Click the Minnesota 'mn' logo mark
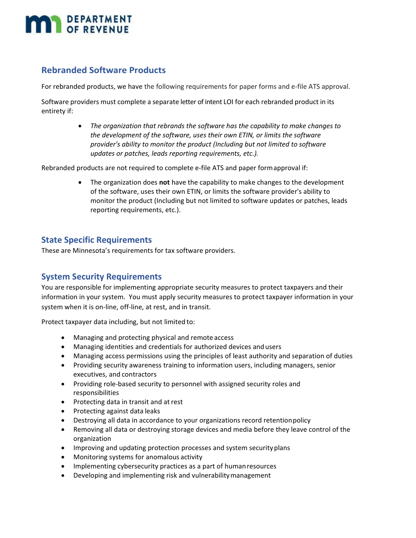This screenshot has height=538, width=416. [43, 24]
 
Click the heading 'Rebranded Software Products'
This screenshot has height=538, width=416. [103, 70]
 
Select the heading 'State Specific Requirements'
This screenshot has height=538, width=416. [96, 240]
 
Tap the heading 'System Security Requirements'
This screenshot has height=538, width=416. [101, 277]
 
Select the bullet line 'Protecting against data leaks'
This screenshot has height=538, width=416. [116, 411]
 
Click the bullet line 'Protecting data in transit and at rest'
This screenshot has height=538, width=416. [128, 402]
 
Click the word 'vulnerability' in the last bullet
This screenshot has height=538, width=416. [210, 475]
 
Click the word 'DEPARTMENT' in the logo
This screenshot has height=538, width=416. [99, 19]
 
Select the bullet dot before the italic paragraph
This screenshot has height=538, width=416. [79, 126]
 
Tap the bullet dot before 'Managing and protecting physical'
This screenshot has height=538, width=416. [64, 338]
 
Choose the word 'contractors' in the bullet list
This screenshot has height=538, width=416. [139, 374]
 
